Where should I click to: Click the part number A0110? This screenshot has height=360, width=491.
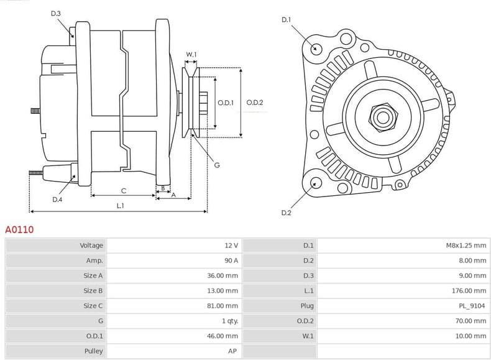tap(19, 229)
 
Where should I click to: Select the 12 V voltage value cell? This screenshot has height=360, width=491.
tap(231, 246)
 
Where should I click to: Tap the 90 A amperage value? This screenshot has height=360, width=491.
tap(231, 261)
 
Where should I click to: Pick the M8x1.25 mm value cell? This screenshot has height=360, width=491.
tap(466, 246)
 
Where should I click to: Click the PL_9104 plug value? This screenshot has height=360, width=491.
tap(470, 306)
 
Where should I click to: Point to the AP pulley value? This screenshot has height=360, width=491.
tap(233, 351)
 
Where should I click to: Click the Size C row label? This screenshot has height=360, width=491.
tap(93, 306)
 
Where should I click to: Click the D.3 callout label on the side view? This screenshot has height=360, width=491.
tap(56, 14)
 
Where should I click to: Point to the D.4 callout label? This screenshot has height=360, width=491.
tap(57, 200)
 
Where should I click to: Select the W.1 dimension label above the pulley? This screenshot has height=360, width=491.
tap(191, 55)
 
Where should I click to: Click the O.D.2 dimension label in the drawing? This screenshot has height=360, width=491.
tap(255, 103)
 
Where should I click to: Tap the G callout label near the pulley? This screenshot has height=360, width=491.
tap(216, 165)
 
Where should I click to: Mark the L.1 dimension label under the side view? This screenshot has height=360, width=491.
tap(120, 205)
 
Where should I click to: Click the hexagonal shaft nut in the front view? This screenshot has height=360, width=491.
tap(380, 116)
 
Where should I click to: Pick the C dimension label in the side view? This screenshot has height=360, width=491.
tap(123, 190)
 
